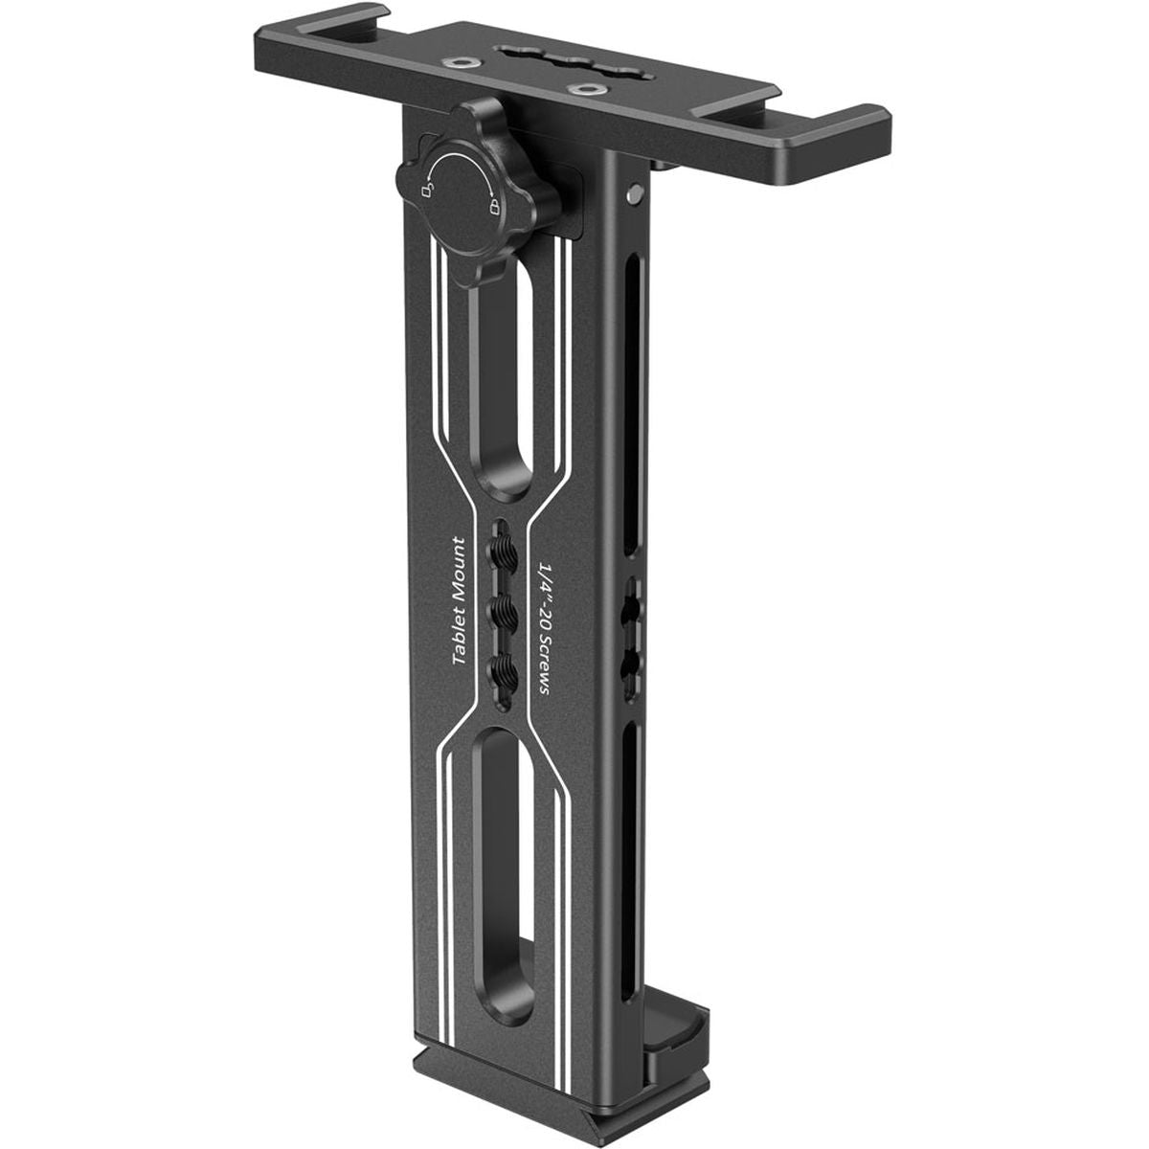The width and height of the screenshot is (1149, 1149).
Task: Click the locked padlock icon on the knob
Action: tap(494, 207)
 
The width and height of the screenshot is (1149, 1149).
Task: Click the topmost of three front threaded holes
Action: tap(503, 551)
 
